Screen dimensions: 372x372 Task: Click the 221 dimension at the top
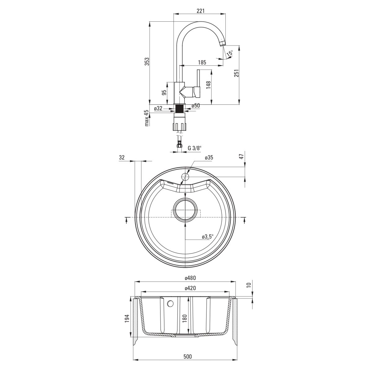coord(201,11)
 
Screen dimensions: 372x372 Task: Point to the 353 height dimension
coord(147,61)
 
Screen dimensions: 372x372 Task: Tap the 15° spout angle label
coord(230,53)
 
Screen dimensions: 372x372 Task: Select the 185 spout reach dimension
coord(202,62)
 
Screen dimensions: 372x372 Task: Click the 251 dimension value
coord(237,73)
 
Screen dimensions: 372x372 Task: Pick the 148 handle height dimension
coord(208,85)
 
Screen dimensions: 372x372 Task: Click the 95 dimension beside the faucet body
coord(164,92)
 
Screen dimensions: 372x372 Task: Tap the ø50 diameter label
coord(196,106)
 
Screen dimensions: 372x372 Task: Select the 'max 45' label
coord(147,118)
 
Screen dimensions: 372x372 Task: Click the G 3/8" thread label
coord(195,148)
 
